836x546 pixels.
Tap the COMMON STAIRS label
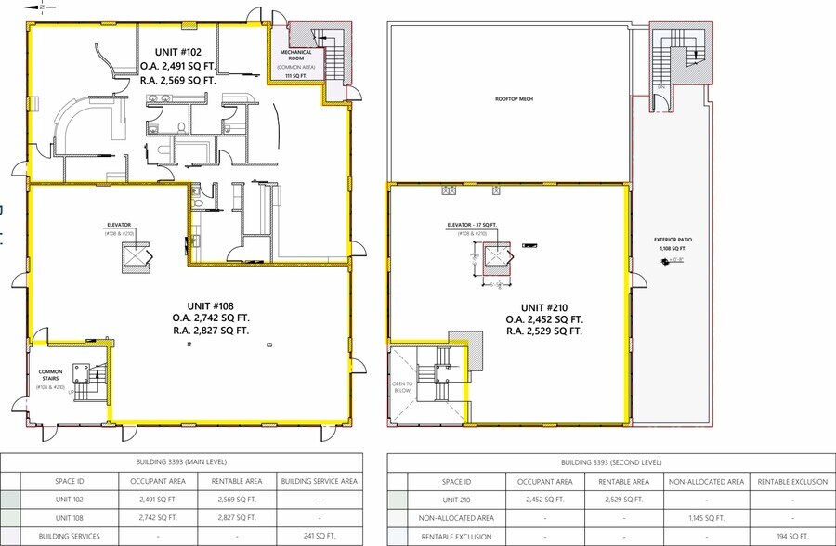coord(49,375)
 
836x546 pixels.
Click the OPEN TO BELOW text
coord(401,387)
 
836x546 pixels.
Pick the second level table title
coord(611,461)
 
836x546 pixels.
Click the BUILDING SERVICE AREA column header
coord(319,482)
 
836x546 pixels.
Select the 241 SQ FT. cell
coord(319,536)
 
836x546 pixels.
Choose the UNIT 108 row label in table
coord(70,517)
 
